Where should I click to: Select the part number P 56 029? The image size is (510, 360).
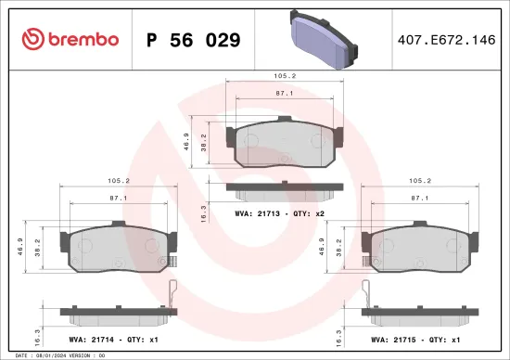click(x=194, y=40)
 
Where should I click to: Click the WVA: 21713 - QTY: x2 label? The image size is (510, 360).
click(x=284, y=212)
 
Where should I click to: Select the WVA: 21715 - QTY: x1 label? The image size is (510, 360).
click(x=414, y=340)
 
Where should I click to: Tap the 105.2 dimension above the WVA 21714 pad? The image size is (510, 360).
click(x=116, y=182)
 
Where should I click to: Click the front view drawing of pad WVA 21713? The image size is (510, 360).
click(x=284, y=144)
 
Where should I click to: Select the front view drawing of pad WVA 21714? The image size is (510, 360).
click(x=116, y=248)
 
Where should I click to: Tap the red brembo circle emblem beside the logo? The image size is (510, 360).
click(x=32, y=39)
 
